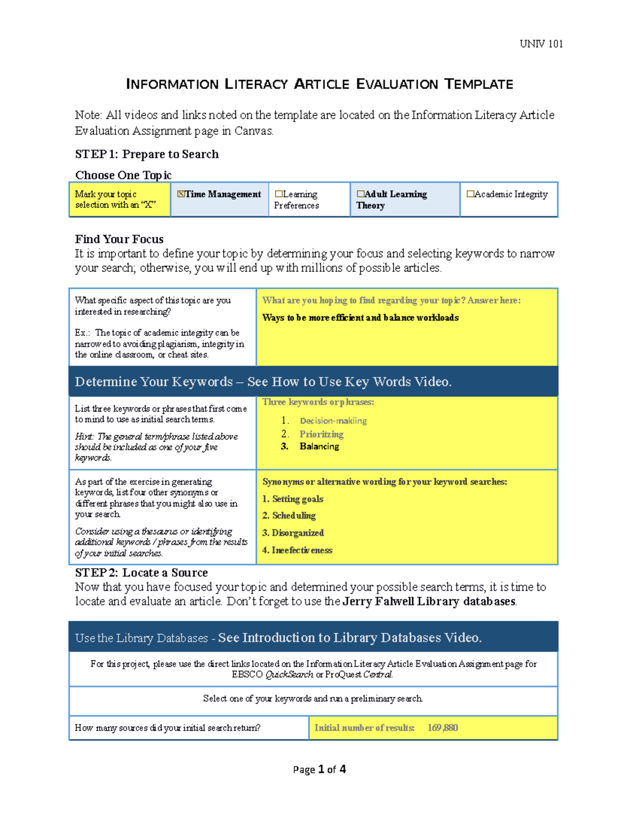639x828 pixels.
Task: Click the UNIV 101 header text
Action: coord(541,44)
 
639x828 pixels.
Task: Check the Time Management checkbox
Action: coord(181,194)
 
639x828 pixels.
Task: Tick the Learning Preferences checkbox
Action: coord(278,194)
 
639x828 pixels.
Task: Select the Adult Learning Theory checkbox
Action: coord(361,194)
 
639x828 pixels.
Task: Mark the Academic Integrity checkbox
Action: coord(470,194)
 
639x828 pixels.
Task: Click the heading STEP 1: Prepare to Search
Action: coord(146,154)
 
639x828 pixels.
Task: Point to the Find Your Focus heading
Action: coord(119,239)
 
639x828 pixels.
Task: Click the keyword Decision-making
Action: coord(333,421)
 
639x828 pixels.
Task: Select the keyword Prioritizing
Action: coord(321,434)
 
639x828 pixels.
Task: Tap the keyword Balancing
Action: coord(319,446)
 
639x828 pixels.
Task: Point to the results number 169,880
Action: coord(443,728)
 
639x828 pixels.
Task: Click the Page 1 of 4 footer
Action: coord(319,769)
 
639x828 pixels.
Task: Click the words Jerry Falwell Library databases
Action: coord(429,601)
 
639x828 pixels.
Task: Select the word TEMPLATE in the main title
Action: coord(479,84)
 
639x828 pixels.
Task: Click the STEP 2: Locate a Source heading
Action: coord(141,573)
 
